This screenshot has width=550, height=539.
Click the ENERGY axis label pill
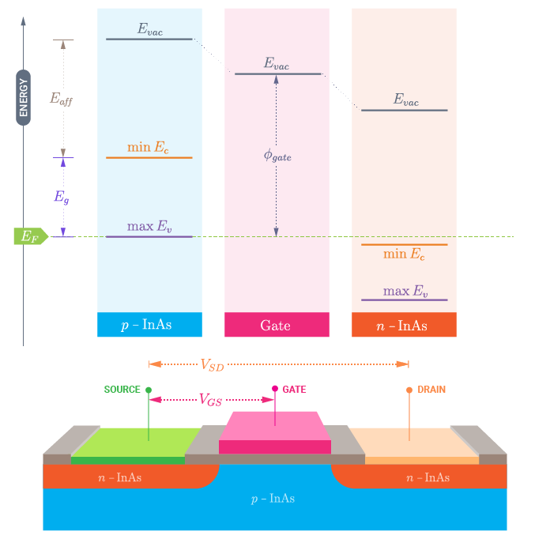(23, 97)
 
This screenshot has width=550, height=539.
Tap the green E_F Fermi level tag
(31, 236)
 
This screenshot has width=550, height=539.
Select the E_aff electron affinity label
(61, 99)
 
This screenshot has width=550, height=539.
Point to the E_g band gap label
(62, 197)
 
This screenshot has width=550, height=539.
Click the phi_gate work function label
(277, 156)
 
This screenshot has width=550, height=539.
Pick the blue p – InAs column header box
(149, 325)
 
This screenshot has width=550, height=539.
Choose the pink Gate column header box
(277, 325)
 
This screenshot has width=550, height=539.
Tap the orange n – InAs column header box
(404, 325)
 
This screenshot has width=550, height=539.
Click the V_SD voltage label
(213, 365)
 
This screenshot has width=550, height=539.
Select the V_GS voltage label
(210, 400)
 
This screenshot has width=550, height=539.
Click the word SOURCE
(122, 390)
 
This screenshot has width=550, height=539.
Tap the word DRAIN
(431, 390)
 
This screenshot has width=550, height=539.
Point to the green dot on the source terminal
(149, 390)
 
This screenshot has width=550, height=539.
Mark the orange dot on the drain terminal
(409, 390)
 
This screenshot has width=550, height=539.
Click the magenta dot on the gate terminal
(275, 389)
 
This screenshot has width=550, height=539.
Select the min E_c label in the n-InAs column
(404, 254)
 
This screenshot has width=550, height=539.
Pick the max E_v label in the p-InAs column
(149, 226)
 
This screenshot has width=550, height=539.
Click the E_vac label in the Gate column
(277, 63)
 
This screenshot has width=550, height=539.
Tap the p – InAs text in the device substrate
(273, 499)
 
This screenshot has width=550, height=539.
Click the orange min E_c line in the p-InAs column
(149, 157)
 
